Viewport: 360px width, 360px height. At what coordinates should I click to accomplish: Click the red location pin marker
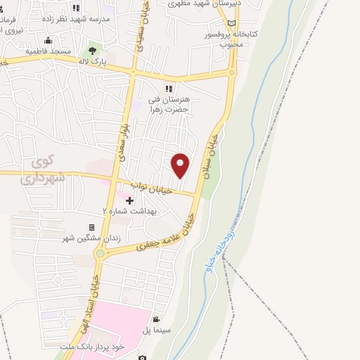181,165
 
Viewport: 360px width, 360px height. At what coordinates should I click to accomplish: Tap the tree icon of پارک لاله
91,51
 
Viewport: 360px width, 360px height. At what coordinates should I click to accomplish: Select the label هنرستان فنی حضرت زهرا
171,105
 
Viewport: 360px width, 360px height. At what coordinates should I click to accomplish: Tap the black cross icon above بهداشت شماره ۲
130,200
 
